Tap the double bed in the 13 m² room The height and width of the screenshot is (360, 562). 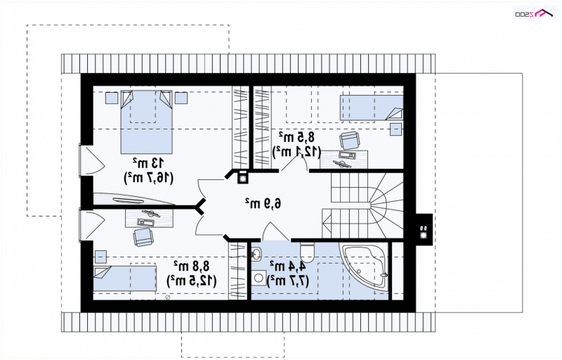(146, 122)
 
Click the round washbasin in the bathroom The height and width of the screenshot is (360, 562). (256, 255)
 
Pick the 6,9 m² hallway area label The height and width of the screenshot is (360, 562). (263, 203)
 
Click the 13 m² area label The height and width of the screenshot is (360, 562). (148, 163)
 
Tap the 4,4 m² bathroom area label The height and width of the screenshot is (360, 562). (287, 266)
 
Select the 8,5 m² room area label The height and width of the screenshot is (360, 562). (296, 136)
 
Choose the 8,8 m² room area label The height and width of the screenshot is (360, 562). (191, 266)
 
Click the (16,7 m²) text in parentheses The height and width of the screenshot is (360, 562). (148, 178)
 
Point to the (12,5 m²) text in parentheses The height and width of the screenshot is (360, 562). (191, 281)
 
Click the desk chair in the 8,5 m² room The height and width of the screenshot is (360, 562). (348, 140)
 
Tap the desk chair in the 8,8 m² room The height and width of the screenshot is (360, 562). (143, 237)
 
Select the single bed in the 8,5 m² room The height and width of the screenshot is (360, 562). (372, 108)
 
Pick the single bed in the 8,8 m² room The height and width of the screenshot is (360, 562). (125, 278)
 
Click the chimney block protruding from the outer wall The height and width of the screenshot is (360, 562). (424, 230)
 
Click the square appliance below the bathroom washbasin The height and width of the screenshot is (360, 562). (258, 277)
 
